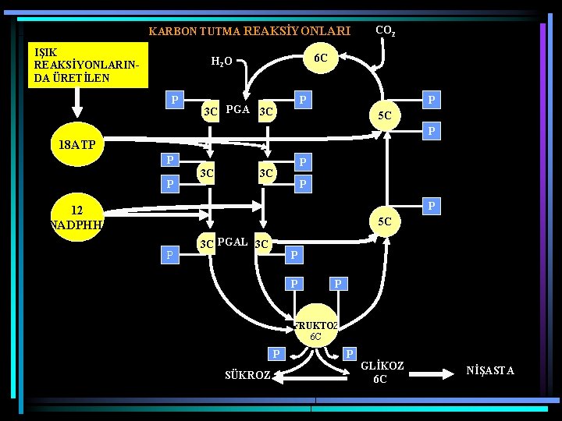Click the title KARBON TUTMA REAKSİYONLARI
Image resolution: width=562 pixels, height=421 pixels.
(249, 31)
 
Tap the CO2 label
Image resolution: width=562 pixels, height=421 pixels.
(385, 31)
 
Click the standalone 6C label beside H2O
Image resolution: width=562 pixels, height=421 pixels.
(320, 58)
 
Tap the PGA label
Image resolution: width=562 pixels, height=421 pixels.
(237, 110)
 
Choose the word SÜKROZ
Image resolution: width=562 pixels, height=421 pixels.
(247, 375)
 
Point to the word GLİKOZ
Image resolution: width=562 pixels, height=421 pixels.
(383, 366)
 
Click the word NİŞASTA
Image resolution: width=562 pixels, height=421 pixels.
(490, 370)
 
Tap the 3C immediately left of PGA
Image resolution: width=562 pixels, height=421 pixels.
(209, 111)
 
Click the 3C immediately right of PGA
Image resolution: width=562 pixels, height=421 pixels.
(265, 111)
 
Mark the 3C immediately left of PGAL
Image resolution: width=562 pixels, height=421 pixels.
(206, 245)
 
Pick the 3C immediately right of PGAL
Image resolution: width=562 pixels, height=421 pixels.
(262, 245)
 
